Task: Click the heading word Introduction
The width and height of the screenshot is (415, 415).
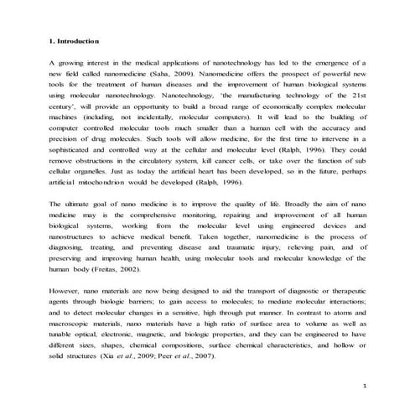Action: point(79,40)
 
